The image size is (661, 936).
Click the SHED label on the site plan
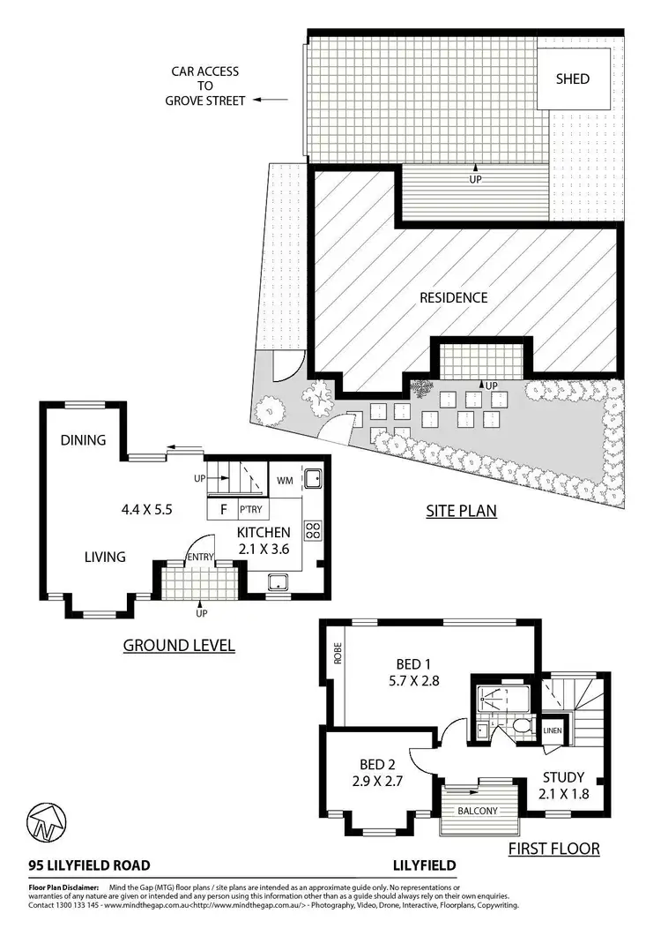tap(572, 79)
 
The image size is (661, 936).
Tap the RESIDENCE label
tap(453, 297)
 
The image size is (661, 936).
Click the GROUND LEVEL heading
tap(179, 645)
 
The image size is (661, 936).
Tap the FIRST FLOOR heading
tap(554, 849)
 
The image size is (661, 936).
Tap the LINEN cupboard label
tap(552, 730)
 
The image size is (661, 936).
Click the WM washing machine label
tap(285, 481)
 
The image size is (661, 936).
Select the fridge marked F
tap(222, 509)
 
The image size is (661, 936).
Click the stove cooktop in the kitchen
tap(312, 530)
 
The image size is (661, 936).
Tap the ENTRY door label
tap(198, 557)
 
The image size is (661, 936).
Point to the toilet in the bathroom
tap(522, 726)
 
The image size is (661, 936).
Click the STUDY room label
tap(562, 776)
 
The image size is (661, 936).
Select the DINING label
tap(83, 439)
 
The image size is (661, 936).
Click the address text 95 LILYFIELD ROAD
tap(88, 865)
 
